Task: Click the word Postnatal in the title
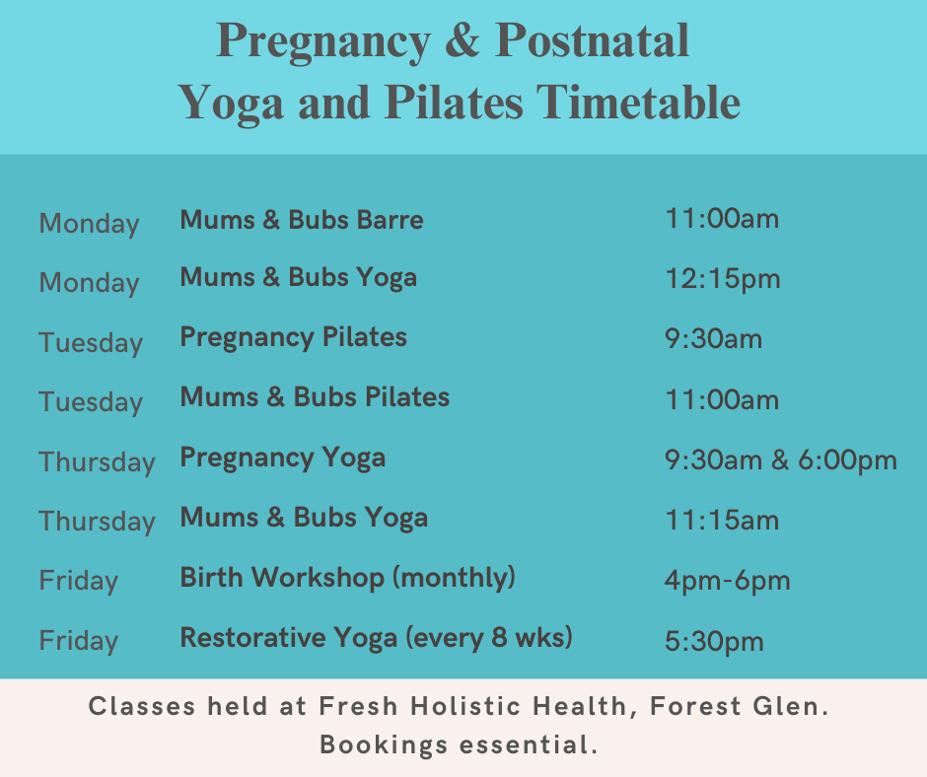tap(592, 40)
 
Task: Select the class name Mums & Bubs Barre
tap(302, 219)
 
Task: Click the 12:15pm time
tap(723, 278)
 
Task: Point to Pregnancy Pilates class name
tap(293, 337)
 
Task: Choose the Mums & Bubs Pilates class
tap(315, 396)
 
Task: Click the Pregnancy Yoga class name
tap(283, 459)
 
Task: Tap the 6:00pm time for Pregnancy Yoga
tap(847, 460)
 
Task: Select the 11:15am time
tap(722, 521)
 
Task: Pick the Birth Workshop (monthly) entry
tap(347, 578)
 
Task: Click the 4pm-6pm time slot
tap(727, 581)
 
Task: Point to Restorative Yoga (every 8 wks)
tap(376, 638)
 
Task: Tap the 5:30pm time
tap(714, 641)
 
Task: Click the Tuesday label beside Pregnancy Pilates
tap(91, 343)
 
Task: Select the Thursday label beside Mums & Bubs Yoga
tap(97, 521)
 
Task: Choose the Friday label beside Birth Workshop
tap(79, 581)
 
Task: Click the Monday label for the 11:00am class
tap(90, 224)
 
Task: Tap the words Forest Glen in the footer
tap(739, 706)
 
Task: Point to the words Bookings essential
tap(459, 744)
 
